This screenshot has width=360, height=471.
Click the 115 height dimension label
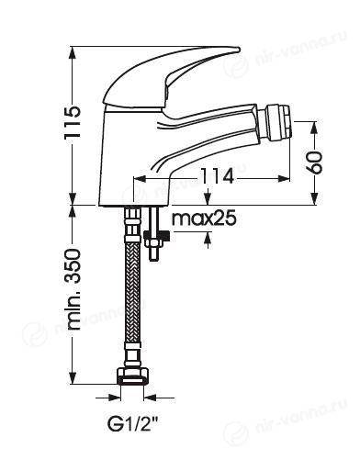tap(73, 123)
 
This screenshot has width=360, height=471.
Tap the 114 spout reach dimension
tap(218, 177)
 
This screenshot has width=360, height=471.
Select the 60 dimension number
tap(315, 163)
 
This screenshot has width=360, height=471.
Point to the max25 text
tap(204, 219)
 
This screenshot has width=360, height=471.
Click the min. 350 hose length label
tap(73, 289)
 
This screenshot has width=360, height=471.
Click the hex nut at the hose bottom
tap(133, 376)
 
